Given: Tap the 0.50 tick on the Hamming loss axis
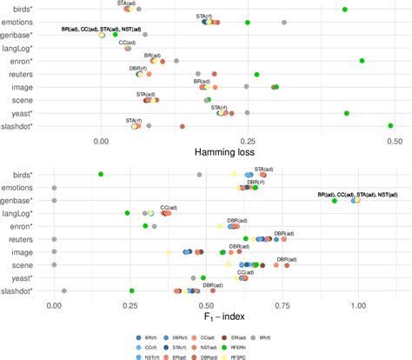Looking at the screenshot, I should coord(395,139).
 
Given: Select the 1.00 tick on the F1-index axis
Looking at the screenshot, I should coord(359,305).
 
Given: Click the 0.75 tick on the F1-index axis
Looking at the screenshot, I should coord(282,305).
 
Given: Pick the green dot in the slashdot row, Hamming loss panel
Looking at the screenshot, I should coord(390,126).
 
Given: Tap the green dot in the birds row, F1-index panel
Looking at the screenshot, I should coord(101,175).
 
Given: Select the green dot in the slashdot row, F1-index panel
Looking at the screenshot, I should coord(131,291).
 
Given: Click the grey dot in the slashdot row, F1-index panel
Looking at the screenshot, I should coord(63,291).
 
